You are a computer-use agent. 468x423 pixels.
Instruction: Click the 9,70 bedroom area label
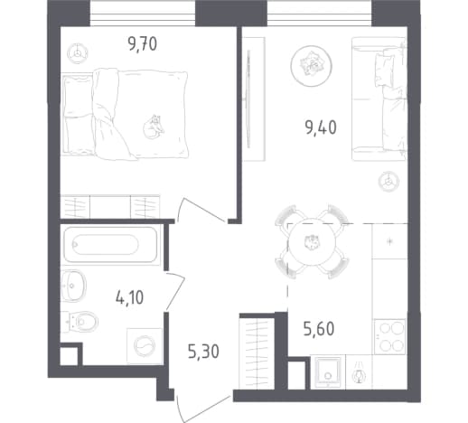pyautogui.click(x=142, y=44)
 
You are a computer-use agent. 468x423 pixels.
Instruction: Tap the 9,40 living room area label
pyautogui.click(x=321, y=127)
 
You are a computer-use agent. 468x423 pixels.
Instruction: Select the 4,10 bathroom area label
pyautogui.click(x=129, y=297)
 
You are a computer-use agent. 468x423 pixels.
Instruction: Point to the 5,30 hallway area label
pyautogui.click(x=203, y=352)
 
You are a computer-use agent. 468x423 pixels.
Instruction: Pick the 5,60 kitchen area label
pyautogui.click(x=319, y=328)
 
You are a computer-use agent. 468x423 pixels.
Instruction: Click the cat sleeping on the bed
pyautogui.click(x=154, y=127)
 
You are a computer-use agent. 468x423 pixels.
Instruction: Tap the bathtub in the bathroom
pyautogui.click(x=110, y=245)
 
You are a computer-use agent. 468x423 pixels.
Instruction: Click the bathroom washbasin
pyautogui.click(x=73, y=286)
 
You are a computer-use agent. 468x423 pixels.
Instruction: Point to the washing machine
pyautogui.click(x=145, y=345)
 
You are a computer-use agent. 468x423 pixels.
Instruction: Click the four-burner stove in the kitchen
pyautogui.click(x=390, y=336)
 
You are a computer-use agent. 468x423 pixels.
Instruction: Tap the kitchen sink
pyautogui.click(x=328, y=371)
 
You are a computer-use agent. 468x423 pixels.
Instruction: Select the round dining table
pyautogui.click(x=312, y=241)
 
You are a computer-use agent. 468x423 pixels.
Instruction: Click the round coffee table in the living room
pyautogui.click(x=311, y=66)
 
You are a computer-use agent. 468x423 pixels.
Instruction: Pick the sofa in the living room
pyautogui.click(x=379, y=99)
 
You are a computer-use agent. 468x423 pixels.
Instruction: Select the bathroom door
pyautogui.click(x=175, y=292)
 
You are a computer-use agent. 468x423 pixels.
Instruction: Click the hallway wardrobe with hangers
pyautogui.click(x=257, y=353)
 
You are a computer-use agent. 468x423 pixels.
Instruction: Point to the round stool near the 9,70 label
pyautogui.click(x=78, y=53)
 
